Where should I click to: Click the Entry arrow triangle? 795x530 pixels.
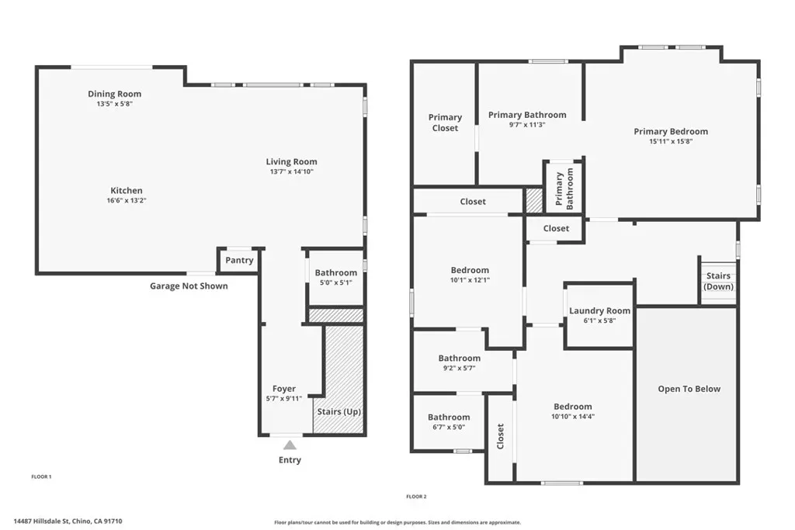(x=290, y=445)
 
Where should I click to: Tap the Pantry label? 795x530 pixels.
(x=239, y=261)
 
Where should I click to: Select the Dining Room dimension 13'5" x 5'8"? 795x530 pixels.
(x=115, y=104)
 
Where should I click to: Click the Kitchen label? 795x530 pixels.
(x=127, y=191)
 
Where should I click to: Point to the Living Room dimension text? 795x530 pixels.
(x=292, y=171)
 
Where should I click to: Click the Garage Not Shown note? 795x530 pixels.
(x=189, y=286)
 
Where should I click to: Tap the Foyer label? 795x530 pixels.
(x=284, y=389)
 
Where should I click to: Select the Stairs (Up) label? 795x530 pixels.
(x=339, y=411)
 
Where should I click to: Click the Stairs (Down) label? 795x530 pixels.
(x=718, y=281)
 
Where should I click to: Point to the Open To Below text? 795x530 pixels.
(x=689, y=389)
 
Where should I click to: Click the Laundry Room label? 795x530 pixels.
(x=600, y=310)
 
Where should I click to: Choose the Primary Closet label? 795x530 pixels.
(x=445, y=123)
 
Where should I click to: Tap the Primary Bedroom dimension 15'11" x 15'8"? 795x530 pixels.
(x=671, y=141)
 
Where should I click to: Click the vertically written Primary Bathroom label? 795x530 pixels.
(x=564, y=189)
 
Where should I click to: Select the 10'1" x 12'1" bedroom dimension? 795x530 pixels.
(x=470, y=280)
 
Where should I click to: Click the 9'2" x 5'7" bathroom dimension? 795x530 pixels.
(x=460, y=369)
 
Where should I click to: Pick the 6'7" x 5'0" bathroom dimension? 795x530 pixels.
(x=449, y=427)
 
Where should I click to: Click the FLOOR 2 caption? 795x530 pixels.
(x=416, y=497)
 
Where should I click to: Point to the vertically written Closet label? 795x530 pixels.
(x=501, y=437)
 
